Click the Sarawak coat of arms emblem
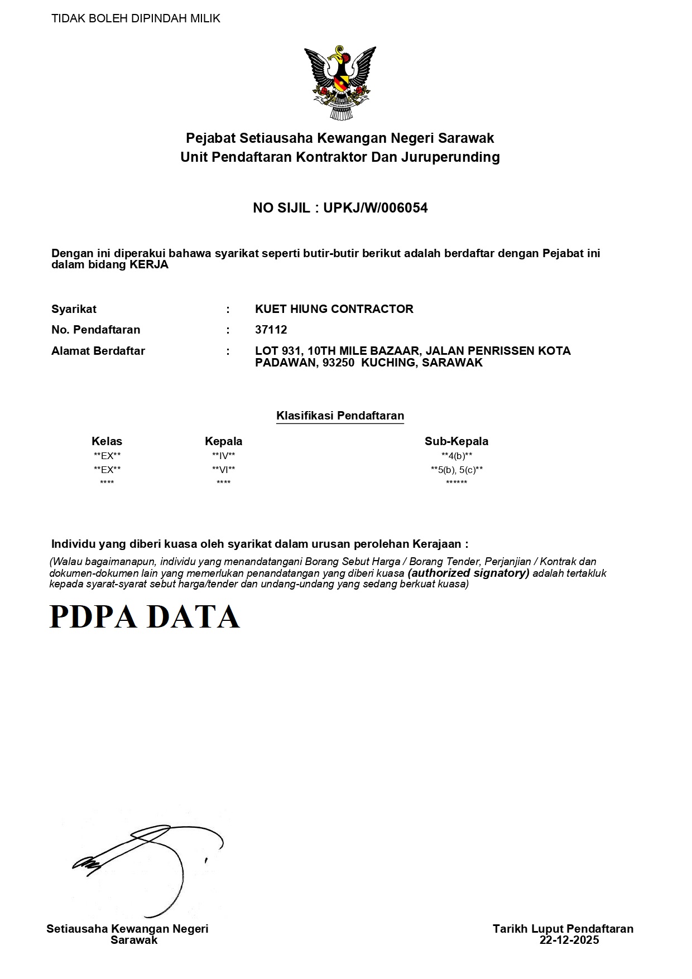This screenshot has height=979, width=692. click(340, 83)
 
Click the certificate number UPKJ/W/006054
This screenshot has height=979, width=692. click(376, 208)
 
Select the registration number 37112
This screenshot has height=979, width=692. click(271, 330)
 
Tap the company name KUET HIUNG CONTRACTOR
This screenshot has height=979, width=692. click(334, 309)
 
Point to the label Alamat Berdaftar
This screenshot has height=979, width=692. click(98, 351)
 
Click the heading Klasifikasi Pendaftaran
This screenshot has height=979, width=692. click(340, 416)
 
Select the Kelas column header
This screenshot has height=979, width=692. click(107, 441)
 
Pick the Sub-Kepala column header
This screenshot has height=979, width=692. click(456, 441)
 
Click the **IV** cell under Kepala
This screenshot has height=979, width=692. click(223, 456)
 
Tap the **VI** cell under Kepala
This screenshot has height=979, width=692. click(223, 470)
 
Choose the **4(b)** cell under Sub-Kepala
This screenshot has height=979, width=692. click(456, 456)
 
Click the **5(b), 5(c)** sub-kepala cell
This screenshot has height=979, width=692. click(456, 470)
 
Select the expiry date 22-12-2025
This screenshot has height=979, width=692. click(569, 940)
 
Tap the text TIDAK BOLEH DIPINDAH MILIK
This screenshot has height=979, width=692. click(136, 18)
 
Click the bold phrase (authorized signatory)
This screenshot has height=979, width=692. click(469, 573)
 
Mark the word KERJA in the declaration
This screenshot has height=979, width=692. click(149, 265)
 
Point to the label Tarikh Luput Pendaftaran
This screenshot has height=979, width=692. click(563, 929)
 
